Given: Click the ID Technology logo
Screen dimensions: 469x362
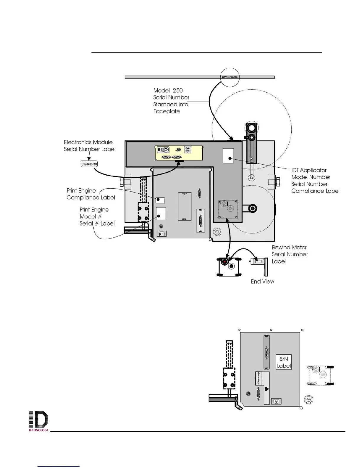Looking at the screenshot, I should click(x=38, y=422).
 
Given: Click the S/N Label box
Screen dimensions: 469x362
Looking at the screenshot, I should click(x=284, y=362).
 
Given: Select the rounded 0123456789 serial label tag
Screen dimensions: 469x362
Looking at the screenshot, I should click(x=89, y=164).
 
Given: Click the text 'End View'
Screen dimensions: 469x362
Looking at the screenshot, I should click(x=262, y=282).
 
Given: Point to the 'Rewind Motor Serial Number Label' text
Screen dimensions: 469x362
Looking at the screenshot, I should click(x=290, y=254).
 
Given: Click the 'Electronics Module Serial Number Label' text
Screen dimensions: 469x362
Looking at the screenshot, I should click(x=89, y=146).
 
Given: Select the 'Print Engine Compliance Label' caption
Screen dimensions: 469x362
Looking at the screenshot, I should click(x=90, y=194).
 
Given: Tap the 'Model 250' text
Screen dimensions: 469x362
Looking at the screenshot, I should click(x=168, y=91).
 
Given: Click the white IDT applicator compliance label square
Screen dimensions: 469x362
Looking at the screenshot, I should click(x=228, y=155).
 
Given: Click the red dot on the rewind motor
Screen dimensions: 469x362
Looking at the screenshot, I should click(x=225, y=262).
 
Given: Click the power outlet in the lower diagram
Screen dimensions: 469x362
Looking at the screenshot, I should click(x=277, y=401).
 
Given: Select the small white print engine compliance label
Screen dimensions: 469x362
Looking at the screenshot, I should click(x=160, y=200).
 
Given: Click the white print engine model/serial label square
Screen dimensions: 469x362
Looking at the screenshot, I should click(x=161, y=214).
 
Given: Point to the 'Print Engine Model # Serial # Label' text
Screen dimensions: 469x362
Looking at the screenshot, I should click(x=97, y=216).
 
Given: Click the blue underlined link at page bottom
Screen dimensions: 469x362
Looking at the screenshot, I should click(x=59, y=466).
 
